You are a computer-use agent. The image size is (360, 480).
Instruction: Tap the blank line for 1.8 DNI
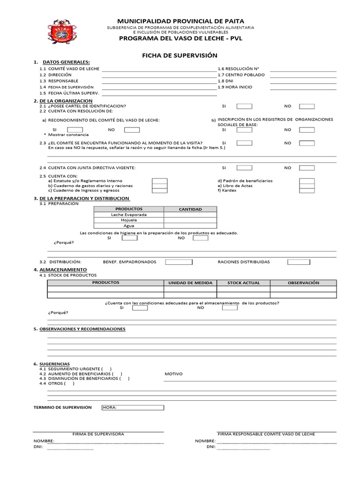(303, 81)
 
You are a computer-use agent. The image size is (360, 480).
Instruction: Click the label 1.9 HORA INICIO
(235, 87)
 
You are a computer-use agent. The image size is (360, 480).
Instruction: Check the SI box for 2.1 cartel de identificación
(244, 106)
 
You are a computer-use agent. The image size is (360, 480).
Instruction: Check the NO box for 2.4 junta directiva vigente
(307, 167)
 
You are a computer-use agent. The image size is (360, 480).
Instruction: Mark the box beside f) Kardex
(307, 190)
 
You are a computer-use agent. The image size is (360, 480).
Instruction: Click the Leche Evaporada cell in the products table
(129, 215)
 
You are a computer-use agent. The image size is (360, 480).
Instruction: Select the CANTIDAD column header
(190, 209)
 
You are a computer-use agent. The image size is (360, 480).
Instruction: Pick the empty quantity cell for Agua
(190, 225)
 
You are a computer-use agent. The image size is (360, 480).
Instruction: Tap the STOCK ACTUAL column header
(243, 283)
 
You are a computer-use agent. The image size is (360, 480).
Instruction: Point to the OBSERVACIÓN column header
(303, 283)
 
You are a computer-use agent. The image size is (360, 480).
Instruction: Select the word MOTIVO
(173, 374)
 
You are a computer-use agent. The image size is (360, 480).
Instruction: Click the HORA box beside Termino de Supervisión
(133, 407)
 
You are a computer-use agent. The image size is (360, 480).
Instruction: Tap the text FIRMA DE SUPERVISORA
(98, 434)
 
